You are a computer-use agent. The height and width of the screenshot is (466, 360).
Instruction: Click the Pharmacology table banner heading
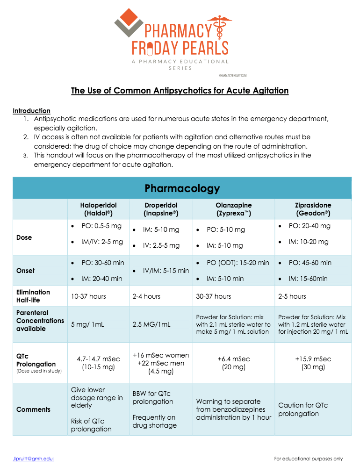pos(182,188)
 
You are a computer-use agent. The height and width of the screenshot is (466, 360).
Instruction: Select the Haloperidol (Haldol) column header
pos(98,209)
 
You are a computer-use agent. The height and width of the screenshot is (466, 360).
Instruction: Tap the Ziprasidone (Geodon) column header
pos(313,209)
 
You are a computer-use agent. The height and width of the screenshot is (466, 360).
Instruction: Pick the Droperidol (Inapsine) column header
pos(161,209)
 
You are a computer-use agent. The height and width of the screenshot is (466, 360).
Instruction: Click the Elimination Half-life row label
pos(33,296)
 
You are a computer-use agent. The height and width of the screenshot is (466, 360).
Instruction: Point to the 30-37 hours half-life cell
pos(213,296)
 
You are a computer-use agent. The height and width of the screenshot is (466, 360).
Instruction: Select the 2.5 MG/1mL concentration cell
pos(151,324)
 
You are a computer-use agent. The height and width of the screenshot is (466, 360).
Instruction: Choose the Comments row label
pos(33,409)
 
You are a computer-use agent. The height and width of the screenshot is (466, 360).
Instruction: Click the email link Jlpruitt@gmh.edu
pos(33,459)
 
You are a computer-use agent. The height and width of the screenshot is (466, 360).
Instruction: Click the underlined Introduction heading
pos(31,111)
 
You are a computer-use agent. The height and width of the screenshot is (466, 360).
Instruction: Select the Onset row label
pos(25,271)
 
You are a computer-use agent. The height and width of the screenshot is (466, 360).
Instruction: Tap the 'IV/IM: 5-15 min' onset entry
pos(166,271)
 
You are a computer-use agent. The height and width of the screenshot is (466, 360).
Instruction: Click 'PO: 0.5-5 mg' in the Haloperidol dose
pos(101,226)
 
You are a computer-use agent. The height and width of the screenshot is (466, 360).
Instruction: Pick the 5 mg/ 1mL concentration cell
pos(87,324)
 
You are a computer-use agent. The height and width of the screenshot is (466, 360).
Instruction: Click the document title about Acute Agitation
pos(180,90)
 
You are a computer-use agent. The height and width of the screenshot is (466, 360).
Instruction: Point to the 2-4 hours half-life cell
pos(146,296)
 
